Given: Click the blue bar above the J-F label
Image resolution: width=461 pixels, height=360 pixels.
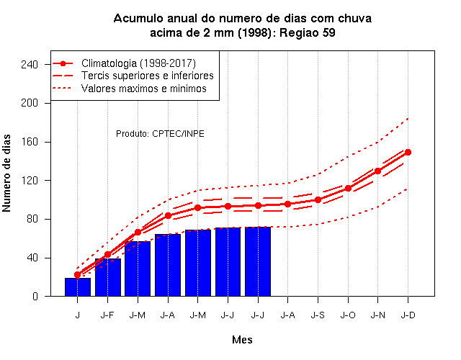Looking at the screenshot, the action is tap(108, 277).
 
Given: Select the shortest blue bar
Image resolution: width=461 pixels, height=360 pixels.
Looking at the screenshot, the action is tap(78, 287).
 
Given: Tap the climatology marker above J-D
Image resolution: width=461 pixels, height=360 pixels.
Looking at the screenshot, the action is tap(408, 152).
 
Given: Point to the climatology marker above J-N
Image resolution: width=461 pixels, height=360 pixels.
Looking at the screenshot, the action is tap(377, 171).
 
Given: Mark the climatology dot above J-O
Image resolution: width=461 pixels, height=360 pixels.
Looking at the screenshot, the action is tap(348, 188).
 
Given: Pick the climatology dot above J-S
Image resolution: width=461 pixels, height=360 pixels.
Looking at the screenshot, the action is tap(318, 200).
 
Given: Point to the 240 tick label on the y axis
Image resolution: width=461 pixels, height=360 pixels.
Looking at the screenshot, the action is tap(30, 64).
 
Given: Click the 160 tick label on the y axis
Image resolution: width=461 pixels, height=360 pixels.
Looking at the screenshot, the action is tap(30, 142).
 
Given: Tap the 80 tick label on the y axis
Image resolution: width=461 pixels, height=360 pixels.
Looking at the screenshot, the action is tap(32, 219).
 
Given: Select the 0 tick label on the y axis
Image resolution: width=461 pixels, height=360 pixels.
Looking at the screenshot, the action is tap(35, 296).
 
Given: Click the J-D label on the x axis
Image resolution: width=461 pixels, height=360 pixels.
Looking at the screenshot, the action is tap(408, 315).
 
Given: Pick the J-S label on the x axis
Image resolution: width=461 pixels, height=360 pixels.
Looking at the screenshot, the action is tap(318, 315).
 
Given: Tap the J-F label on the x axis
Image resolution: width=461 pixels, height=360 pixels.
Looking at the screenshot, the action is tap(107, 315).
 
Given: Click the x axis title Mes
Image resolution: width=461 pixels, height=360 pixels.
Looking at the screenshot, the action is tap(242, 340).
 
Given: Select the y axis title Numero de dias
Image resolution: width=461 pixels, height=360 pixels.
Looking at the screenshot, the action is tap(6, 173).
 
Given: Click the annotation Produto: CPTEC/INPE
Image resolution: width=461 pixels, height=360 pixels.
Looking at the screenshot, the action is tap(160, 134).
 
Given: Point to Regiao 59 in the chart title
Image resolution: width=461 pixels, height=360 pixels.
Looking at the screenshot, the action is tap(308, 32).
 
